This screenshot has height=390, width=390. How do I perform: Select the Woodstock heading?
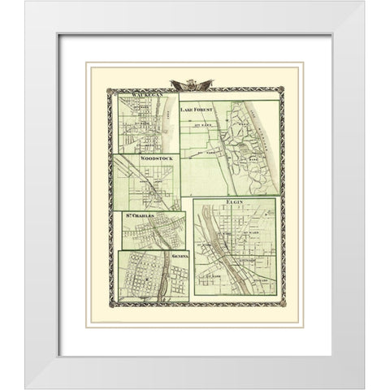143,159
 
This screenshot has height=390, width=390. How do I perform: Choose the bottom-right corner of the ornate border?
279,305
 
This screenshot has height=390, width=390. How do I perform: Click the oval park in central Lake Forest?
243,150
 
